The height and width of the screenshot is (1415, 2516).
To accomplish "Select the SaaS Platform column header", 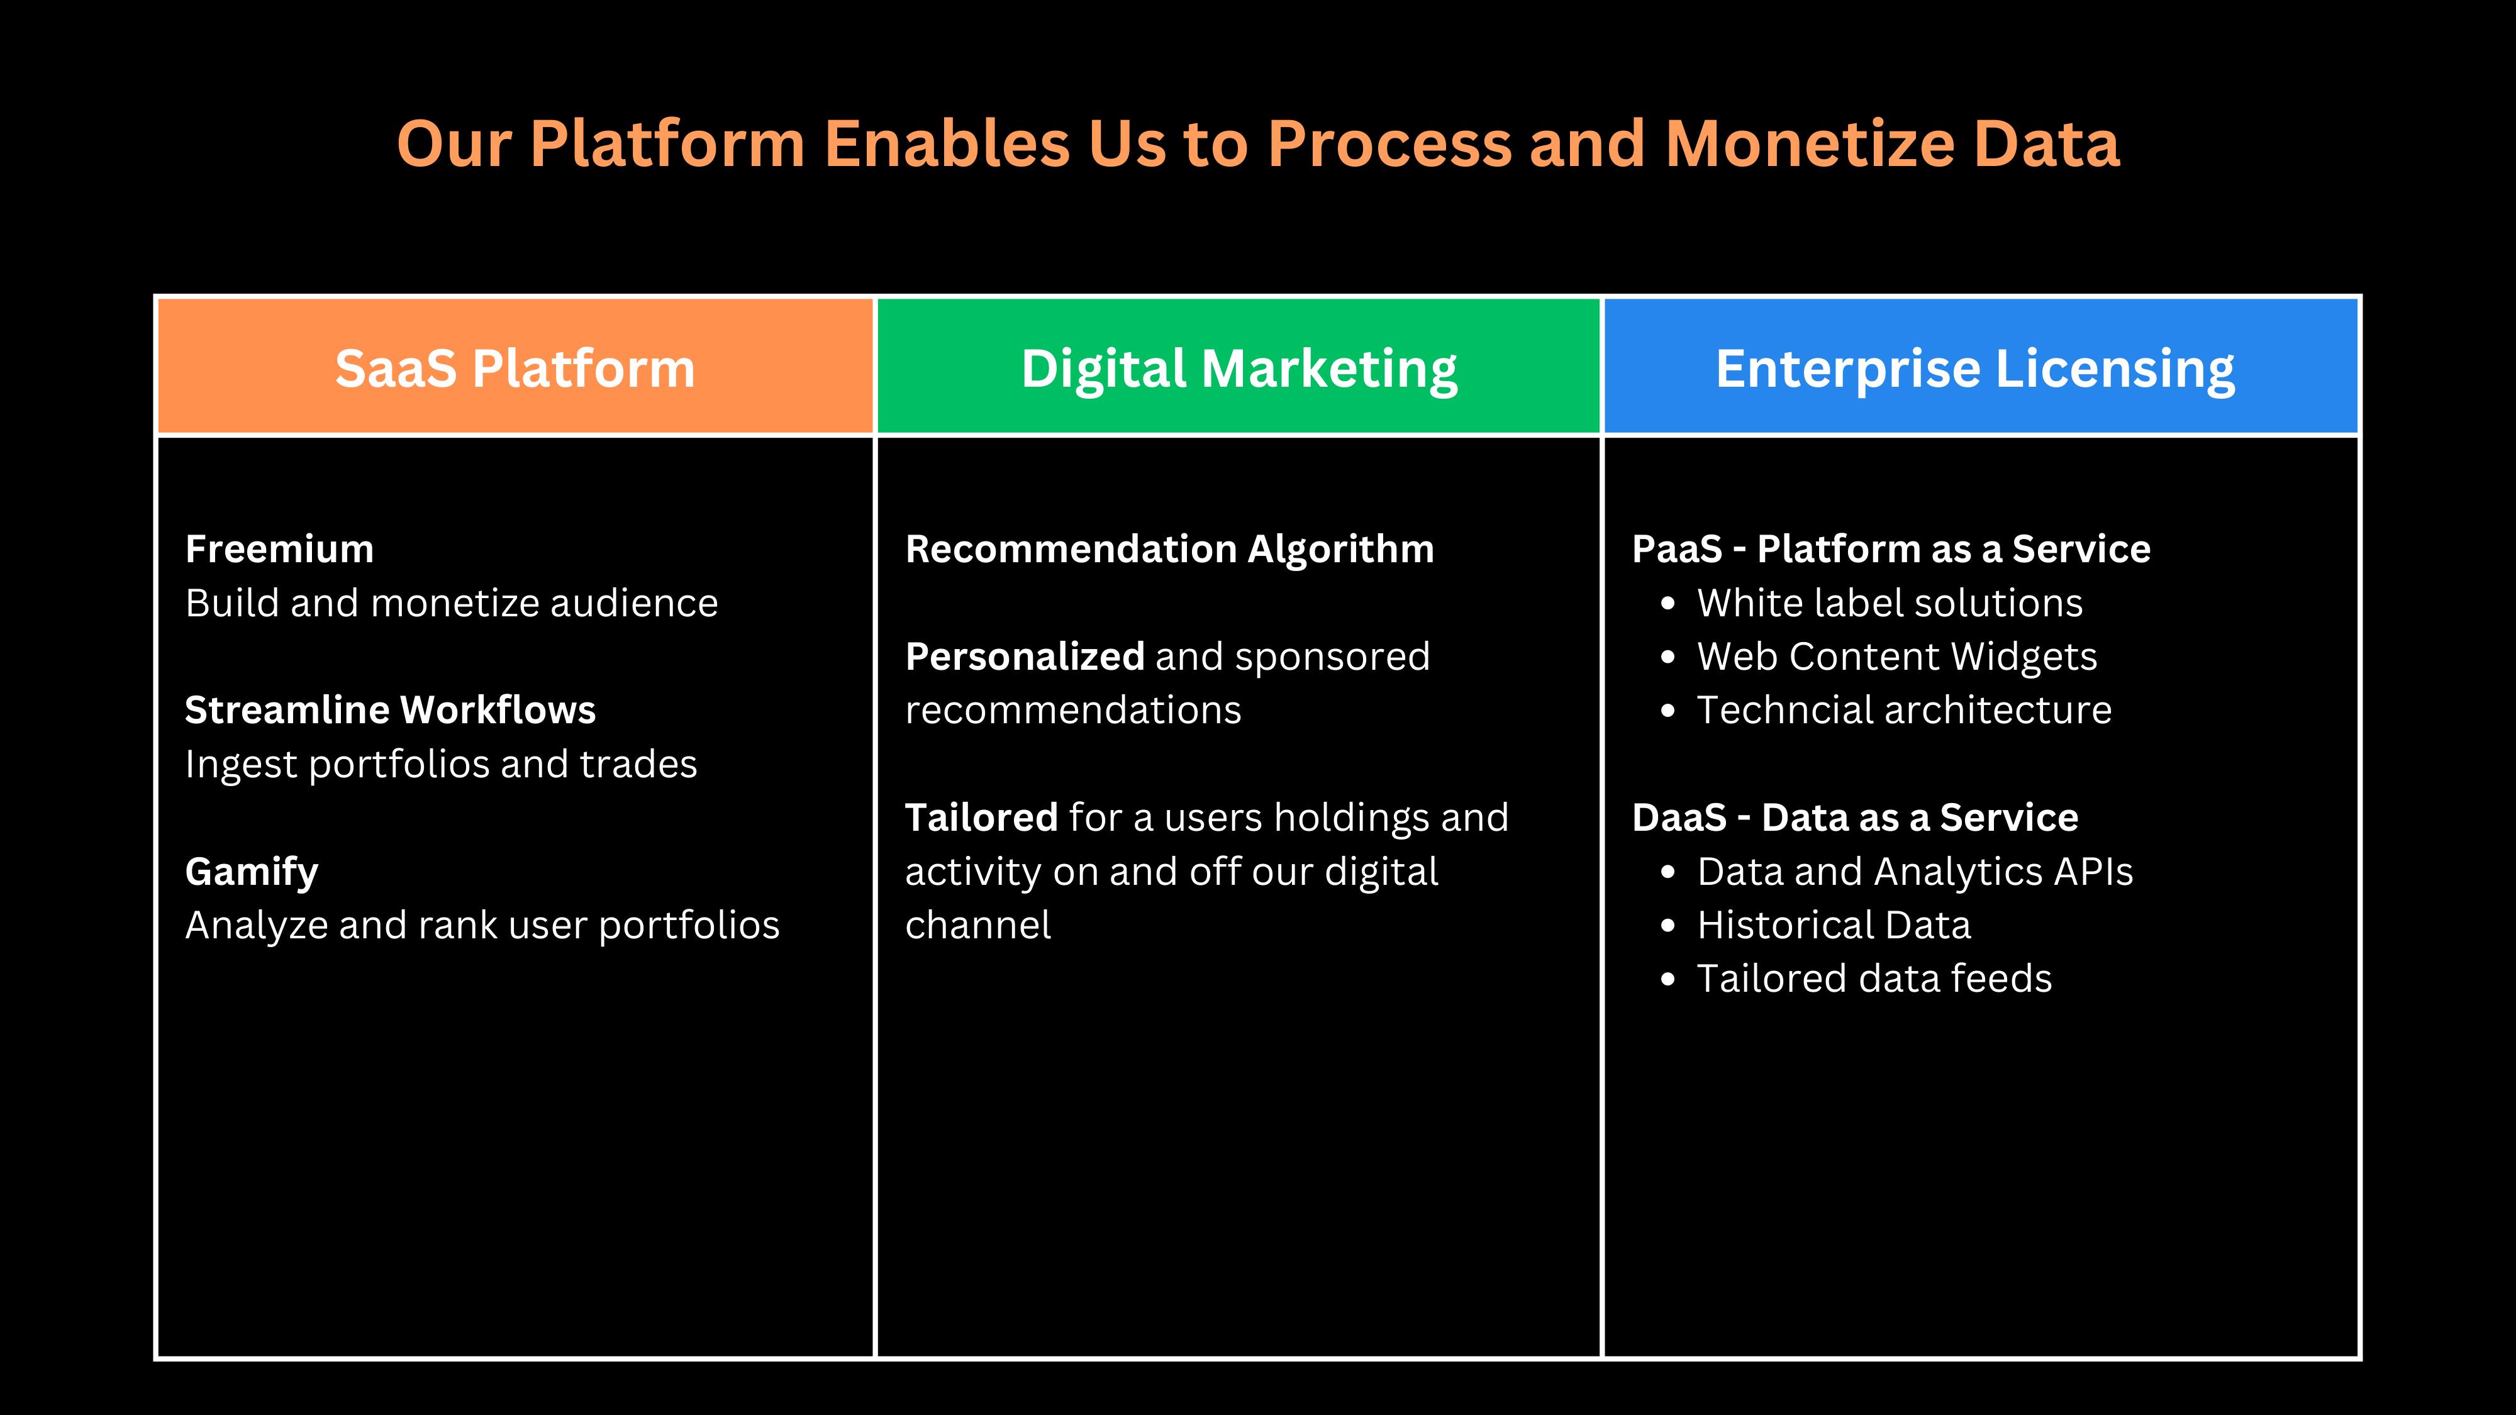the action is coord(515,366).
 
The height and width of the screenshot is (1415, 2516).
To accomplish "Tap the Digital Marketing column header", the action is coord(1239,366).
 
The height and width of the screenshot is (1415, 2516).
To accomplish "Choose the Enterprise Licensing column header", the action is coord(1981,366).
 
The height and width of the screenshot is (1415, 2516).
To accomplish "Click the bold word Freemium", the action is coord(279,549).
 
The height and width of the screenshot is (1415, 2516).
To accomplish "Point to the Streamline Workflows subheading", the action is coord(390,710).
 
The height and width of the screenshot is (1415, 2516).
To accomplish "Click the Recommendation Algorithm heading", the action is coord(1169,550).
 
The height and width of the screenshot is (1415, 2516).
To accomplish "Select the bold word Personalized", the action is coord(1025,656).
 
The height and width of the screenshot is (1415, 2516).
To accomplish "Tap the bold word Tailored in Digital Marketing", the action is coord(981,818).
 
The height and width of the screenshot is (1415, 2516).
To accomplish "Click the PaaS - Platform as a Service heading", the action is coord(1891,549).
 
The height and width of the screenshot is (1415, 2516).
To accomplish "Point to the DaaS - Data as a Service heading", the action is coord(1855,818).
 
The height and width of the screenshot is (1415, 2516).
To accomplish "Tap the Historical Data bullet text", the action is coord(1834,924).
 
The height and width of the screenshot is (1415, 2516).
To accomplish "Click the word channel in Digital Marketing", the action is coord(977,924).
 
